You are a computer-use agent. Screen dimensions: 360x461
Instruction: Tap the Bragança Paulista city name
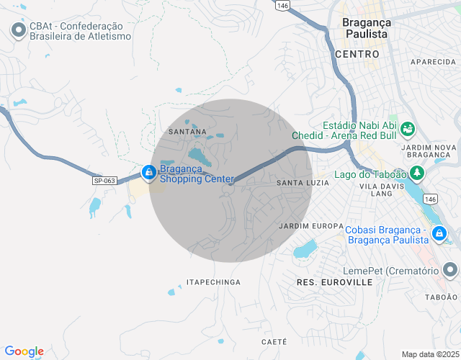click(x=366, y=28)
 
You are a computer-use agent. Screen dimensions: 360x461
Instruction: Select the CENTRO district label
click(x=357, y=54)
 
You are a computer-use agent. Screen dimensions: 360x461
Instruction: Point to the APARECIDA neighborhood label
click(x=434, y=63)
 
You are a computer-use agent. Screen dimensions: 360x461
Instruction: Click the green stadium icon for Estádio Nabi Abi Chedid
click(x=408, y=129)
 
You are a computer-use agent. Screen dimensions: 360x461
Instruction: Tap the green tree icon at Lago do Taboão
click(x=416, y=173)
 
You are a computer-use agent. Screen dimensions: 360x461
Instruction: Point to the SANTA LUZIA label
click(x=303, y=183)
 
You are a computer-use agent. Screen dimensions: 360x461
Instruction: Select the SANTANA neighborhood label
click(x=187, y=132)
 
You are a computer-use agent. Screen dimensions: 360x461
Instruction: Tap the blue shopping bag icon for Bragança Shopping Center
click(x=148, y=173)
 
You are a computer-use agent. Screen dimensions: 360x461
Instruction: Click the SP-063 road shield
click(x=104, y=181)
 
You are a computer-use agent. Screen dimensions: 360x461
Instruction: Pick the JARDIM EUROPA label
click(x=310, y=225)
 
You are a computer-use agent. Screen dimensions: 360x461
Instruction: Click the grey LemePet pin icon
click(x=450, y=270)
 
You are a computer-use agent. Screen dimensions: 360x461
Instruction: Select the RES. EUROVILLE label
click(x=334, y=282)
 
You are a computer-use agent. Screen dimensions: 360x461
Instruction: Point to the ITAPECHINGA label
click(x=213, y=282)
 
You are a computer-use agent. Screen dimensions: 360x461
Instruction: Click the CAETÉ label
click(x=274, y=341)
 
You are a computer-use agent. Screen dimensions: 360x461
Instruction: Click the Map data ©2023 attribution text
click(x=429, y=354)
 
